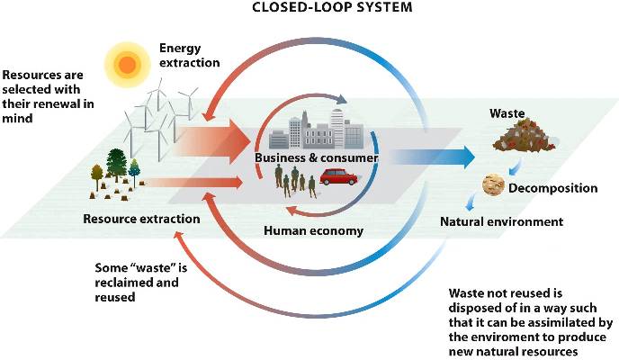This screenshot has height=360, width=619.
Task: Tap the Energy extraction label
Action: [189, 56]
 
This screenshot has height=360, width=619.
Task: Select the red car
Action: [339, 176]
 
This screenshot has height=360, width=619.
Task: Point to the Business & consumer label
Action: [315, 158]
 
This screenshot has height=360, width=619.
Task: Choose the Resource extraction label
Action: [141, 219]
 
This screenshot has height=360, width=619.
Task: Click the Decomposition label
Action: [553, 189]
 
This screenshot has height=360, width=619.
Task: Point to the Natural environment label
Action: [501, 220]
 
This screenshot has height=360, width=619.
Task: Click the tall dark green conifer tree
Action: [116, 166]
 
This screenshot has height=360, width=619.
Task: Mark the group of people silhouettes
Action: [295, 184]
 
